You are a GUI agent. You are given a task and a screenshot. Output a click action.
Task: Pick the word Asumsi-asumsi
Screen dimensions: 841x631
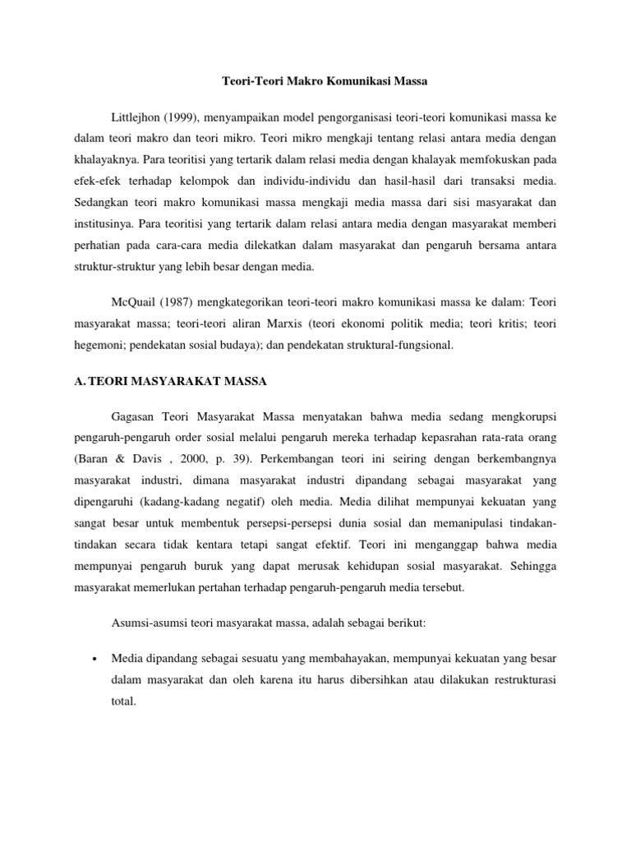[150, 623]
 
